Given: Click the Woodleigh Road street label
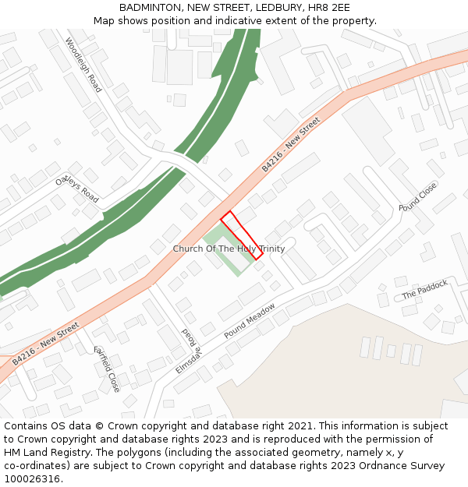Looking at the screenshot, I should [x=83, y=65].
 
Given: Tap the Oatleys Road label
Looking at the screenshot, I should [x=77, y=189].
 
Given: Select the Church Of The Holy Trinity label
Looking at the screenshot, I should [x=229, y=249].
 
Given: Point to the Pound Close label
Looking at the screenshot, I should [x=418, y=197].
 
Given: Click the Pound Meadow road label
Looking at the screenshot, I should [x=250, y=320].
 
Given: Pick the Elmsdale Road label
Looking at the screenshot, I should [x=188, y=351].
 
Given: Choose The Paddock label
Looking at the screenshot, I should [x=425, y=290].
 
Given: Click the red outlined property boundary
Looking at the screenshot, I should [x=242, y=235].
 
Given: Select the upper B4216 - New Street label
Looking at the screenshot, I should [x=291, y=145].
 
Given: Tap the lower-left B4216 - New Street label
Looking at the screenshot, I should [x=45, y=344].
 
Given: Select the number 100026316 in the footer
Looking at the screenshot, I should [x=34, y=478].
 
